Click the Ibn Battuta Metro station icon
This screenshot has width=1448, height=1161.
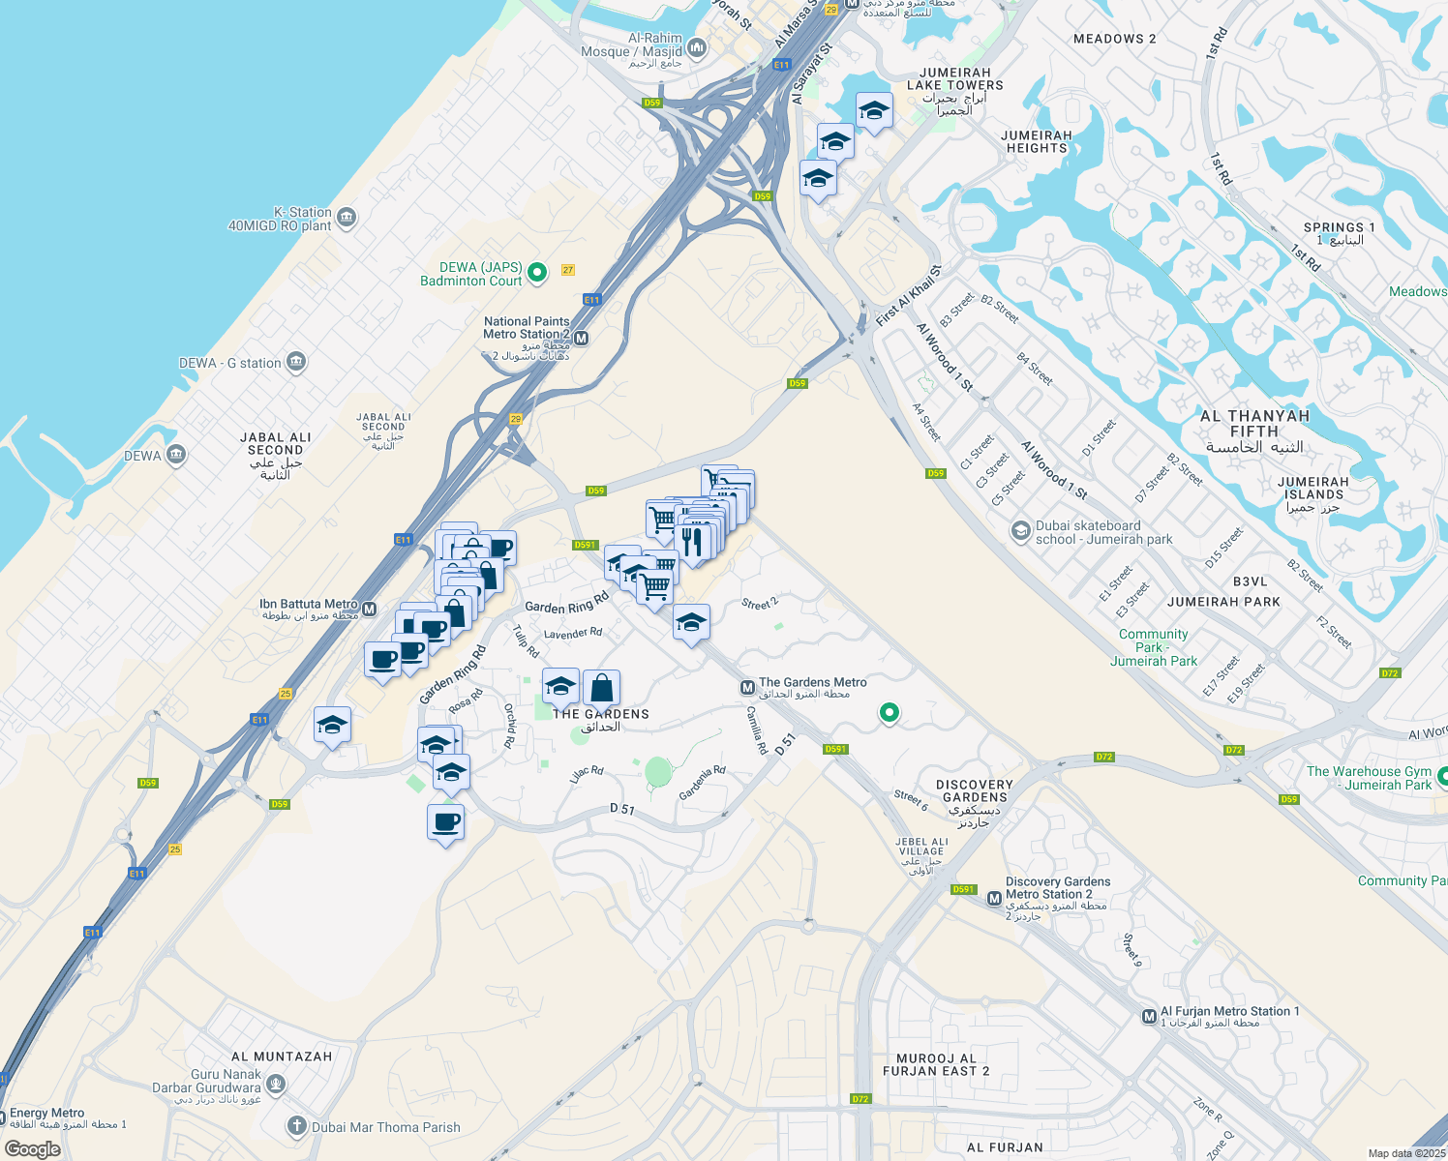369,610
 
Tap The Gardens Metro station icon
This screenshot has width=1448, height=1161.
747,688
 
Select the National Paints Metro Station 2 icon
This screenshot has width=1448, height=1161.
581,339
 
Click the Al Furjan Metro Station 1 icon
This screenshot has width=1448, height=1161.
1149,1017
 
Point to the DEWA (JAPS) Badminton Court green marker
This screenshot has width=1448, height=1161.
537,273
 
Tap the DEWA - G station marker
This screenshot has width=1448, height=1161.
296,363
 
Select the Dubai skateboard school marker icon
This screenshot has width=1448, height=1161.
1020,531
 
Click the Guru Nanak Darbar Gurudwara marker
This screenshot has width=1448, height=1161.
276,1083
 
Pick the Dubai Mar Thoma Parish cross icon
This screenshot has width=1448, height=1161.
297,1126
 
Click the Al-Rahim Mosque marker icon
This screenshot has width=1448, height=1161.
697,47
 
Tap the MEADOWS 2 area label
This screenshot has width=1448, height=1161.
1114,39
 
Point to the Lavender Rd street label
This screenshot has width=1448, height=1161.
573,634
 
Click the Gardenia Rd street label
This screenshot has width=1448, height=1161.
702,783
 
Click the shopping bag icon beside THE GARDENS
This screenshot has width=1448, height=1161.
601,688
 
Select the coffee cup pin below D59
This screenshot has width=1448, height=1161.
445,822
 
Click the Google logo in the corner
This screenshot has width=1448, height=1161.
32,1148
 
